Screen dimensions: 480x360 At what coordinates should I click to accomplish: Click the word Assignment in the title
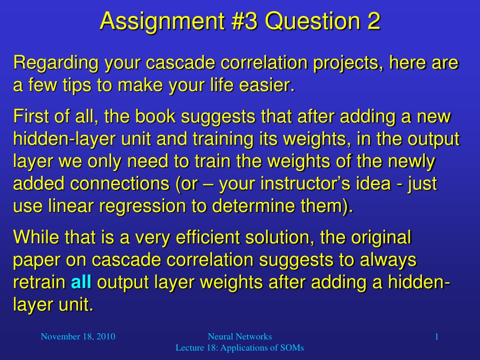[162, 22]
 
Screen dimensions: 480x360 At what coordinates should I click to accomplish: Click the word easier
[267, 85]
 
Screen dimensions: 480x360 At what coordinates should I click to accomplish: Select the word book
[156, 117]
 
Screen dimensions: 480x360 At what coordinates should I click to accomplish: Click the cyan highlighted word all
[81, 282]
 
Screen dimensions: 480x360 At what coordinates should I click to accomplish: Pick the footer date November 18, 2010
[78, 337]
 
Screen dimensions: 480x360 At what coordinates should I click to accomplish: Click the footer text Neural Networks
[240, 337]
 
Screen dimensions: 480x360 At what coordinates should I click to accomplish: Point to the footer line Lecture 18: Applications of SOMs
[240, 348]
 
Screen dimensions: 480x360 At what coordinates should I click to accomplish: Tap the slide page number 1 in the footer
[437, 337]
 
